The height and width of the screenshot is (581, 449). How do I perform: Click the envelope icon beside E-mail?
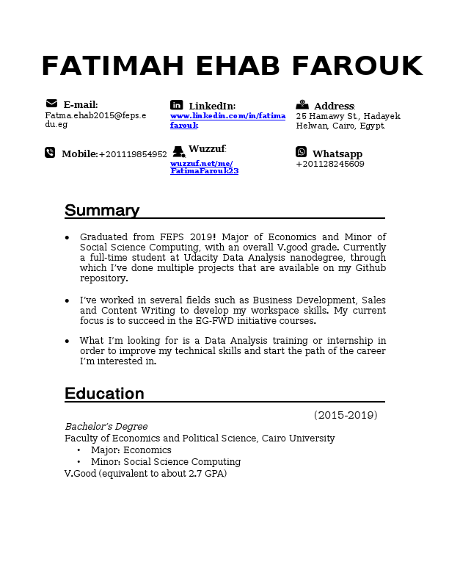[51, 104]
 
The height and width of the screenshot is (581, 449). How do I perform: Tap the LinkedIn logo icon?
[177, 105]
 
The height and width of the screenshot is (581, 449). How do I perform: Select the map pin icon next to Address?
[302, 105]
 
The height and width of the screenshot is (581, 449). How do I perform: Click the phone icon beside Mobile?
[50, 153]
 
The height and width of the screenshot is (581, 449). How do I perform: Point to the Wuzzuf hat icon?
[178, 152]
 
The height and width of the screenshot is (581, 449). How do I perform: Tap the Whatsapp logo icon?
[302, 152]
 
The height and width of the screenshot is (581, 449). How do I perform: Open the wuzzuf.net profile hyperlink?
[204, 167]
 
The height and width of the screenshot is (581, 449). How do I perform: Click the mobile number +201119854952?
[133, 154]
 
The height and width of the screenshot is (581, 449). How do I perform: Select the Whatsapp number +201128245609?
[330, 164]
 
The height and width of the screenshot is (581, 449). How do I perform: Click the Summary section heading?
[102, 211]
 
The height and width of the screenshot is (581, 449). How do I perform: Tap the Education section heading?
[104, 394]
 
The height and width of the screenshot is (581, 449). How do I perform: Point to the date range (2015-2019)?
[346, 415]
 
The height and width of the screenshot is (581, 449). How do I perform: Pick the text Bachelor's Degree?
[106, 427]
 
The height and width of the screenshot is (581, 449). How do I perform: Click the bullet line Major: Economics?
[131, 450]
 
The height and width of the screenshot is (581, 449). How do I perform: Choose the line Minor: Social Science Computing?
[166, 462]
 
